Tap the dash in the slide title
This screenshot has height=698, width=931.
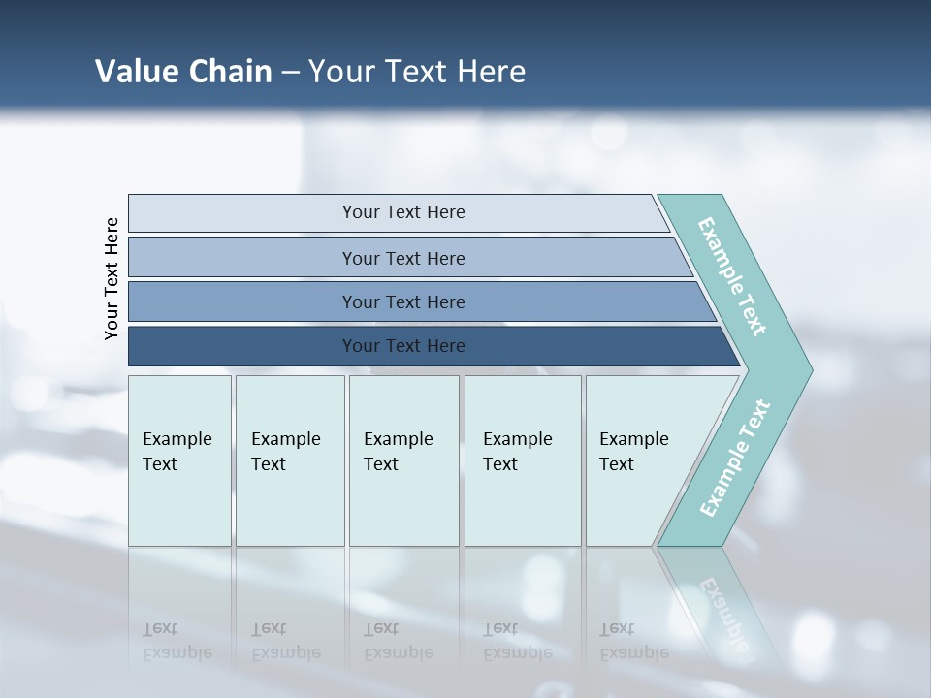click(290, 73)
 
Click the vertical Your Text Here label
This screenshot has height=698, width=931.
click(112, 278)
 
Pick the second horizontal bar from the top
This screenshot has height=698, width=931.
click(402, 258)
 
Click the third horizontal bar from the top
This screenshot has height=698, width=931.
click(402, 301)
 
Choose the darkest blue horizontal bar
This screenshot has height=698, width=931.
click(402, 346)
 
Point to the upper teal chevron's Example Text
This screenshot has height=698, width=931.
click(732, 277)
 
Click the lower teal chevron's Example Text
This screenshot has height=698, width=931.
click(735, 459)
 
